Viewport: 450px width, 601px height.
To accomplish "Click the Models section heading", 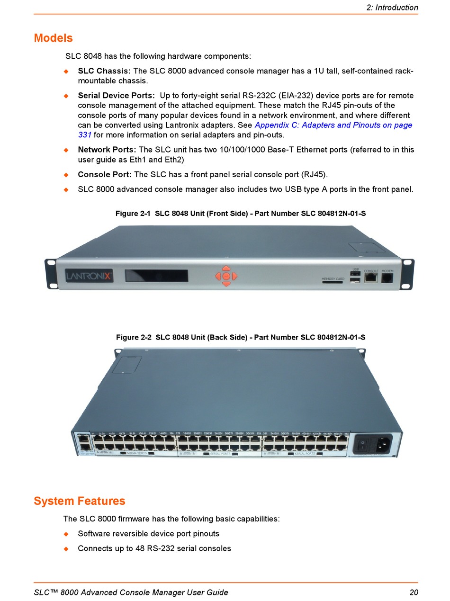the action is click(x=53, y=38).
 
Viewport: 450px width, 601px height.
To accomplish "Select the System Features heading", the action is click(x=79, y=501).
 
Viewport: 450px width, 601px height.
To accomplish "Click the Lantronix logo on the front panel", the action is click(x=89, y=276).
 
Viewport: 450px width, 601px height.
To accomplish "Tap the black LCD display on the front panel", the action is click(x=156, y=276).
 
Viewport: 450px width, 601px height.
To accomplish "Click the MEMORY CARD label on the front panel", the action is click(x=333, y=279).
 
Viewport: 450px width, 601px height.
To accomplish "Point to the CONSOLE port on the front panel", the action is click(x=371, y=278).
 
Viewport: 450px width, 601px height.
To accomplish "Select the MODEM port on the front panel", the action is click(x=387, y=278).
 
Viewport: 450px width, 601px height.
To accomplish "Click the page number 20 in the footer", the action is click(x=414, y=592).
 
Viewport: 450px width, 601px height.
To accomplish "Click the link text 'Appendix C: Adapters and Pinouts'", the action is click(x=333, y=125).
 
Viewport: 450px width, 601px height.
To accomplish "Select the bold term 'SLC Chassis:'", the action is click(x=104, y=71).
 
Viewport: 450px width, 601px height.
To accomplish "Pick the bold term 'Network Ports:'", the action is click(x=107, y=150).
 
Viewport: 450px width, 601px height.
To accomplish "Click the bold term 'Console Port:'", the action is click(x=105, y=174).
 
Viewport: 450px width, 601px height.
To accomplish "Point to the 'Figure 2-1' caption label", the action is click(x=133, y=214).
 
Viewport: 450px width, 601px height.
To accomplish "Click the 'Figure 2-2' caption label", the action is click(x=134, y=337).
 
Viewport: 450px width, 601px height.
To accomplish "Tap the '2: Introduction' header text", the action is click(x=392, y=8).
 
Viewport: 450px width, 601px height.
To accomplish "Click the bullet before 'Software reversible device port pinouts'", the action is click(x=66, y=534).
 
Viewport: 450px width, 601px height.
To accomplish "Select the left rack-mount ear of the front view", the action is click(x=50, y=274).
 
